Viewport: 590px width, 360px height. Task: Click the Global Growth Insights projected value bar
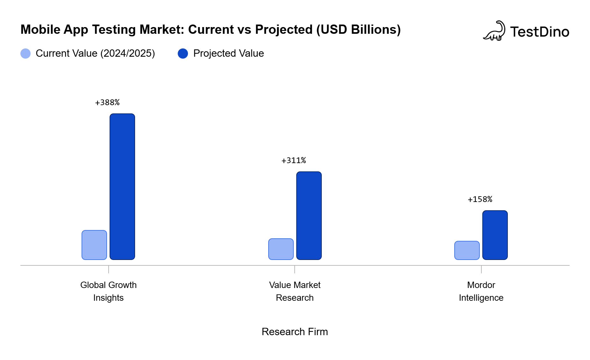point(122,186)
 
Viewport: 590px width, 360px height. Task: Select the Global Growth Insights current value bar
point(94,245)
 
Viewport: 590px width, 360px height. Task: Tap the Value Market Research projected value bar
point(309,215)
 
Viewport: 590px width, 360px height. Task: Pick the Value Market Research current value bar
point(281,249)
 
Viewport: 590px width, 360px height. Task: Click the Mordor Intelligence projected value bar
point(495,235)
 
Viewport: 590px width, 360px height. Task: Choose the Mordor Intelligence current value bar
point(467,250)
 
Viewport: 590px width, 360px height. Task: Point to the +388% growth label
point(107,103)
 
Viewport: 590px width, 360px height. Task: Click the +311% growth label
point(294,161)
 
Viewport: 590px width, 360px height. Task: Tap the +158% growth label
point(480,199)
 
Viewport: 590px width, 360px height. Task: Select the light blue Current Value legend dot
point(25,54)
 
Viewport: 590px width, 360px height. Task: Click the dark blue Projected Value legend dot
point(183,54)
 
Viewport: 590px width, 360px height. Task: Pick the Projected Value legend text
point(228,54)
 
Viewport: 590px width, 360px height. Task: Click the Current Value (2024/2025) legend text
point(95,54)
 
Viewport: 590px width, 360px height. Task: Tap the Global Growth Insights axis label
point(108,291)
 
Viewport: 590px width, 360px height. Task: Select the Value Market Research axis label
point(295,291)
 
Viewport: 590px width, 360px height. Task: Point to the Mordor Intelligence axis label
point(481,291)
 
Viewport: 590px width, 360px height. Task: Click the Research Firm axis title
point(295,332)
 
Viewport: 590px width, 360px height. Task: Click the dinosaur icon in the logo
point(494,31)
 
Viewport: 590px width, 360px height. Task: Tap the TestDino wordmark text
point(540,32)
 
